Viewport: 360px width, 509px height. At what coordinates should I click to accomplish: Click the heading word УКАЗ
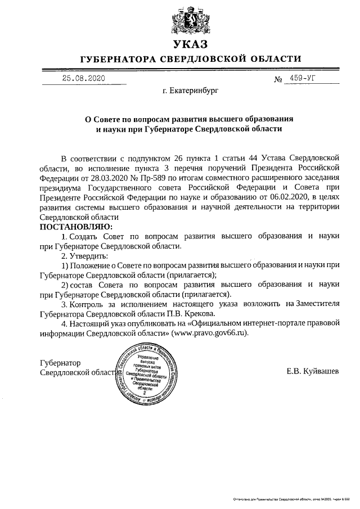coord(190,44)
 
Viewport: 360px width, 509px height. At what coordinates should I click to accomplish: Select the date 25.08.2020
coord(83,79)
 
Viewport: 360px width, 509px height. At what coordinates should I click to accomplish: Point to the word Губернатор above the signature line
coord(61,363)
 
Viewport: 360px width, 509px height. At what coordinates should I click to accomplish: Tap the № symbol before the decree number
coord(278,79)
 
